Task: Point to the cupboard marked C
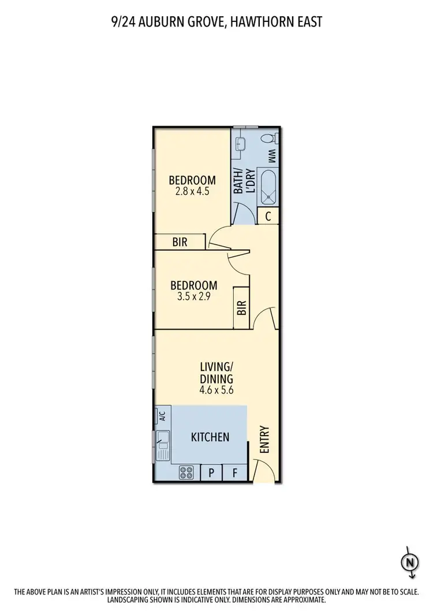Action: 268,217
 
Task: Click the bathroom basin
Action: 241,143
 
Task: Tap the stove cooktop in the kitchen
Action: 186,473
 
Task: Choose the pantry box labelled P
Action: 212,473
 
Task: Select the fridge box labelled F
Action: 235,473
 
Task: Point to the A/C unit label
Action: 162,416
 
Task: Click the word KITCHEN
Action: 210,437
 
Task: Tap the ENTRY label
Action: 265,439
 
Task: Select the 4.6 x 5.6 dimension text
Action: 216,390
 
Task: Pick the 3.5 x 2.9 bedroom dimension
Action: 193,296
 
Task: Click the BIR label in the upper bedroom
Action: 180,242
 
